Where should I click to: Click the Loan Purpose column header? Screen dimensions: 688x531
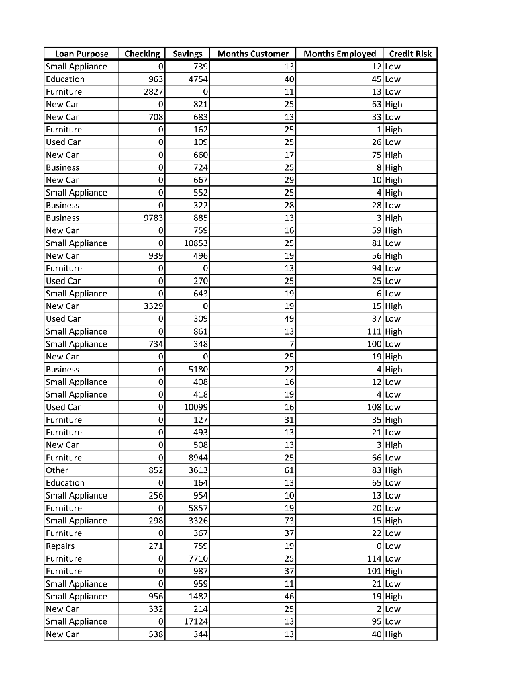(81, 54)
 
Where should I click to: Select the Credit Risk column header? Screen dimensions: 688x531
(410, 54)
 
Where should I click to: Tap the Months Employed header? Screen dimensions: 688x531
(340, 54)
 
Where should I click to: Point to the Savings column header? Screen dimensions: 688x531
(187, 54)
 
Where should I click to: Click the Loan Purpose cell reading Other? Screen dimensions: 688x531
(57, 470)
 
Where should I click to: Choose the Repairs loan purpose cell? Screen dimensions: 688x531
(60, 546)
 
